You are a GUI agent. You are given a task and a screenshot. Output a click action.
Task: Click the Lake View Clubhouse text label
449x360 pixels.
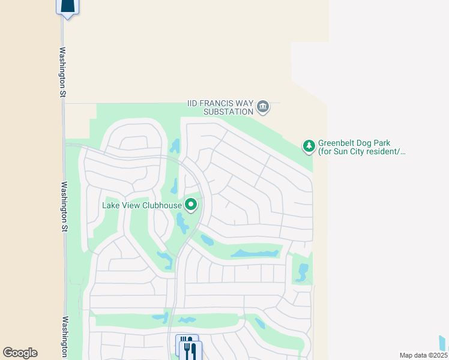pos(142,205)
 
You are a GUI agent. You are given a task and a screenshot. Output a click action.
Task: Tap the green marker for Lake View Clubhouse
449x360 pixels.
pos(191,205)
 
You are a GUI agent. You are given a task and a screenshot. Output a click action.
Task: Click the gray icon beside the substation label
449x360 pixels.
pos(262,107)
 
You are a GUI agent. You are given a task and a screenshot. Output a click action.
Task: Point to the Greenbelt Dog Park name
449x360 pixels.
pos(354,143)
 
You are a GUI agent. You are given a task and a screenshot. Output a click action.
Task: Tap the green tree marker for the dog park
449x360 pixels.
pos(309,146)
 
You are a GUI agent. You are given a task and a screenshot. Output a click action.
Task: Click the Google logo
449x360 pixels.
pos(20,353)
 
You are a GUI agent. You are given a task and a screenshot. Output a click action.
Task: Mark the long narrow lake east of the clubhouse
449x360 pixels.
pos(256,253)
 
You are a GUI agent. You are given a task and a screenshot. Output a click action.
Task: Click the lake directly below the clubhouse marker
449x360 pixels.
pos(181,224)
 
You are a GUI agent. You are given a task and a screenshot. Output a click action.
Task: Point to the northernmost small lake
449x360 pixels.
pos(175,146)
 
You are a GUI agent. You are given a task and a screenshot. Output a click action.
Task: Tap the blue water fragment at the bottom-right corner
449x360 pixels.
pos(442,343)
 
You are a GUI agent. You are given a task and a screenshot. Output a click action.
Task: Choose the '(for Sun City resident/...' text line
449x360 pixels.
pos(362,152)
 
